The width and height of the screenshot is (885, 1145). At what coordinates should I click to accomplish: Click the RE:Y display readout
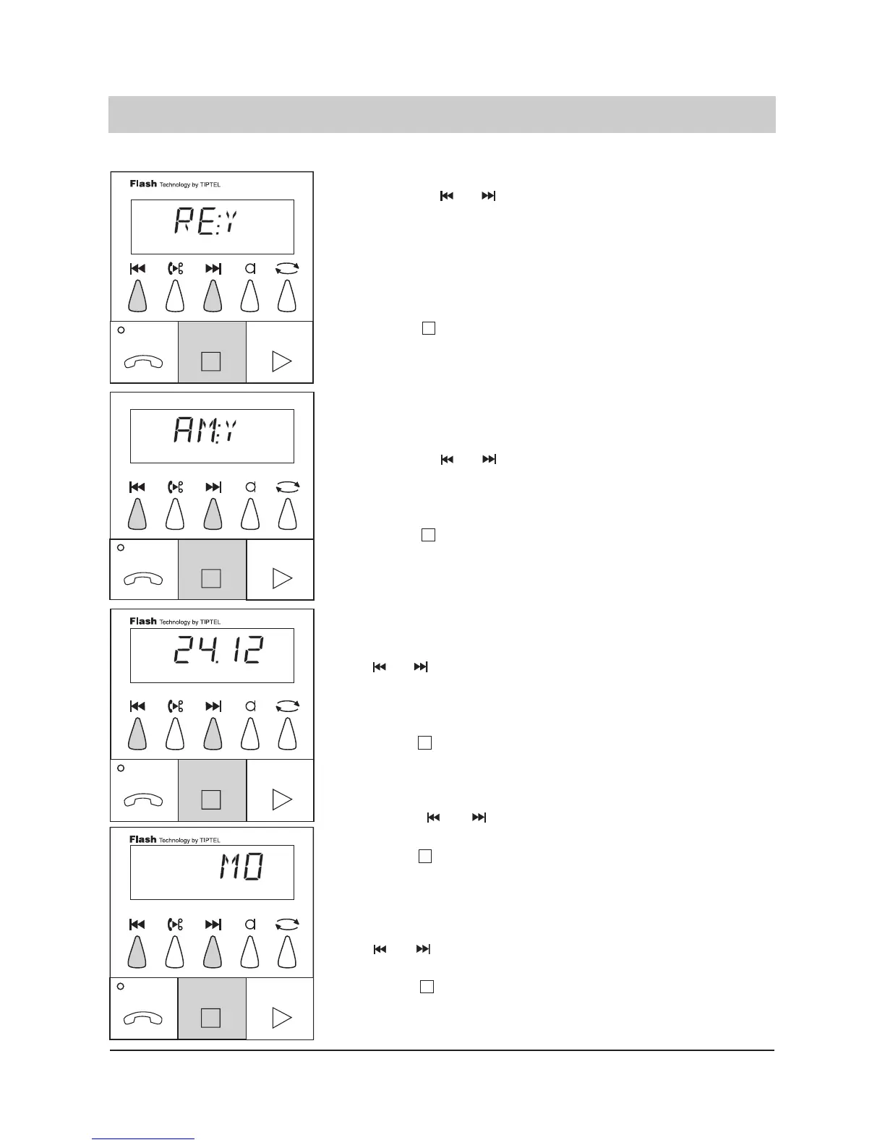point(206,221)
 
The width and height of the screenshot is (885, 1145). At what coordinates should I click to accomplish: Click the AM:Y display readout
point(206,432)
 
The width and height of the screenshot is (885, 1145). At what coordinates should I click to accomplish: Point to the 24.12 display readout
point(218,653)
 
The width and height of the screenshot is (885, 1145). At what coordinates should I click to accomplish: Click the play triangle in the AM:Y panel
point(281,578)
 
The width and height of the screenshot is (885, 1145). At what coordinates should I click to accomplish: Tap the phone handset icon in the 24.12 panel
point(143,800)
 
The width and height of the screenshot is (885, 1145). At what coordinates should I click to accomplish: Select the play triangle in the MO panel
point(281,1018)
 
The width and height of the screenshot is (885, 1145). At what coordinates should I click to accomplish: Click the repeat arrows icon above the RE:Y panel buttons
point(287,268)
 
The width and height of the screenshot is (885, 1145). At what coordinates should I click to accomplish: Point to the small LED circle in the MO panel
point(121,987)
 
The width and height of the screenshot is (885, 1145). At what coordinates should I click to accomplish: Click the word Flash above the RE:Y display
point(143,184)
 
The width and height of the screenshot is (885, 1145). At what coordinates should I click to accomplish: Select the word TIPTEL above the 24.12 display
point(210,622)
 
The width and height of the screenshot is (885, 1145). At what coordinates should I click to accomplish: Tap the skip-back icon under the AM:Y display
point(137,487)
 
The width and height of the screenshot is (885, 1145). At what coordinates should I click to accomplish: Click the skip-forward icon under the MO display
point(213,924)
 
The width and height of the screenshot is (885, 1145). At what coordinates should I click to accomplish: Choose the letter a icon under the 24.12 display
point(250,706)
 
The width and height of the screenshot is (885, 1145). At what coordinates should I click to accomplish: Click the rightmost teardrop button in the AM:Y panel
point(287,514)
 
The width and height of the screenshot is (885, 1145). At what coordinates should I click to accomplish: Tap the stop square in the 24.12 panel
point(210,799)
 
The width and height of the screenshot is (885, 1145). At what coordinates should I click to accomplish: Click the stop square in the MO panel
point(210,1018)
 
